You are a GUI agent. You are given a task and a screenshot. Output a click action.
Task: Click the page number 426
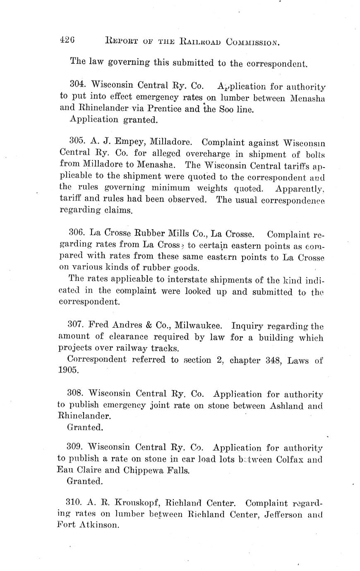[67, 40]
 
